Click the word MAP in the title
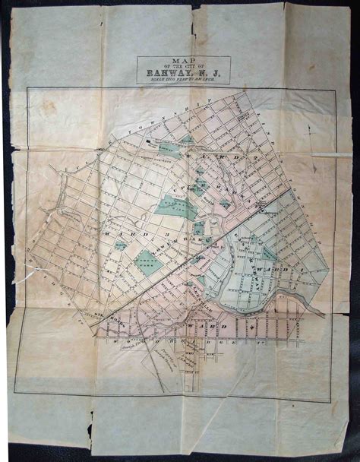pyautogui.click(x=184, y=61)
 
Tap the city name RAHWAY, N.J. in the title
pyautogui.click(x=183, y=74)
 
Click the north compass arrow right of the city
pyautogui.click(x=311, y=130)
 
